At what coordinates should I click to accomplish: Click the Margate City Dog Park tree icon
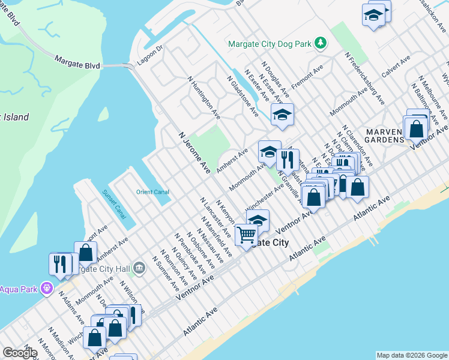tap(321, 43)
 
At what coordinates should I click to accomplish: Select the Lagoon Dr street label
tap(151, 52)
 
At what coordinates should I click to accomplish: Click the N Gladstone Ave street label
tap(243, 97)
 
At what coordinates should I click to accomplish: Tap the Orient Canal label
tap(152, 192)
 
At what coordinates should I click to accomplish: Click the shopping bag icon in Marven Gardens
tap(415, 128)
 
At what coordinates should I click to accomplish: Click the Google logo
tap(20, 353)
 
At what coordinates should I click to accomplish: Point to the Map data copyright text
tap(412, 355)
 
